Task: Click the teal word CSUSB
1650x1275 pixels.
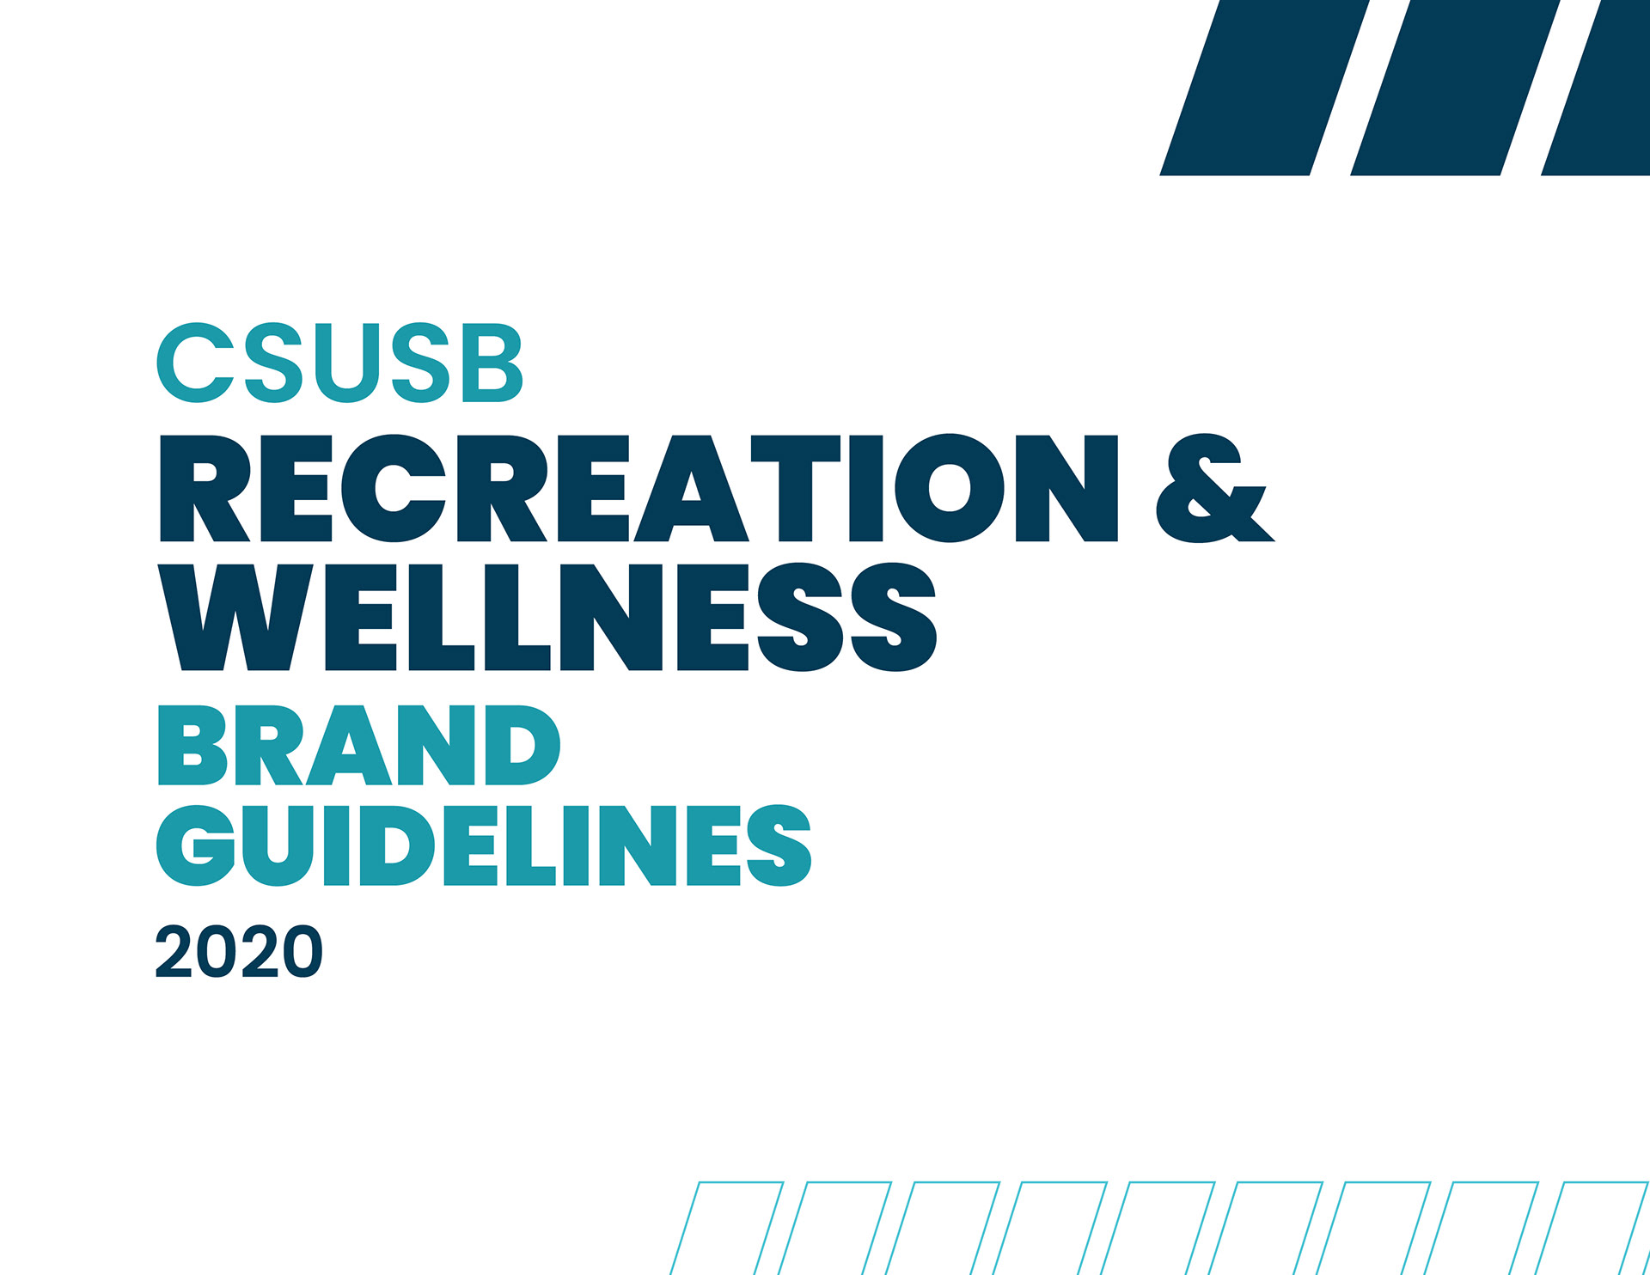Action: coord(339,363)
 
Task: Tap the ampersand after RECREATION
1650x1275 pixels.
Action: coord(1214,488)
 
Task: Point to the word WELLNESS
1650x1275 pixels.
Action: coord(547,617)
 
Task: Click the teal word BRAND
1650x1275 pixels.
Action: coord(359,745)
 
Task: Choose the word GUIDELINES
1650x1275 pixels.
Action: coord(484,845)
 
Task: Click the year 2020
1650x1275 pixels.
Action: coord(239,951)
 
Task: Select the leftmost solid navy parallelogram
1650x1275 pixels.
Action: coord(1264,88)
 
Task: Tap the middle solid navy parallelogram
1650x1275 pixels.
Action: coord(1455,88)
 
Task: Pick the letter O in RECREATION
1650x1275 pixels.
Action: coord(950,488)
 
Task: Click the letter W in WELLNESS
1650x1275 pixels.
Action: coord(235,617)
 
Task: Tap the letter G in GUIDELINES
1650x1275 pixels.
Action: coord(196,845)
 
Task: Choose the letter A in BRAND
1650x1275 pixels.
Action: coord(349,745)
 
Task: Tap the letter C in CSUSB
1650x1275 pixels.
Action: coord(195,363)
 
